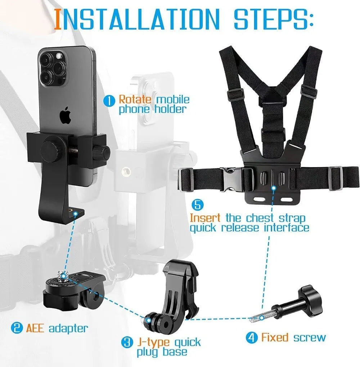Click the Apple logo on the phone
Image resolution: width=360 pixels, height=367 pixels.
[x=65, y=115]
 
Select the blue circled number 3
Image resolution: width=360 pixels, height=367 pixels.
[x=127, y=342]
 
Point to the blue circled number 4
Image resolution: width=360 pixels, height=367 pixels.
[x=252, y=338]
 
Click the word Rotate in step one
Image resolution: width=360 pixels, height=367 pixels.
[x=132, y=99]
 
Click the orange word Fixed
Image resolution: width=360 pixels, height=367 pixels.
[x=275, y=337]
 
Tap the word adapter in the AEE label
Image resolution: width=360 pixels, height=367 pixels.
[x=68, y=329]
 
